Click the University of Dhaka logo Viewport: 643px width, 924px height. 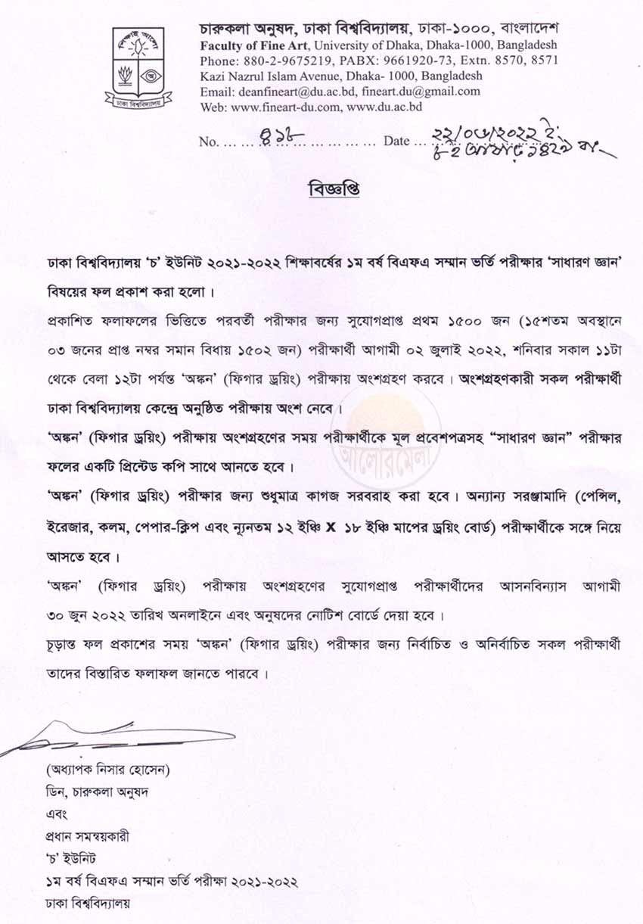tap(138, 67)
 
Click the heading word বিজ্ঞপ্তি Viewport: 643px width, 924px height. tap(334, 189)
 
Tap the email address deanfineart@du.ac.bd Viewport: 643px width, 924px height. tap(291, 92)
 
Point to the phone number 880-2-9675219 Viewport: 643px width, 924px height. tap(275, 61)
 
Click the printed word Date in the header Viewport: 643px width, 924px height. tap(396, 142)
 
